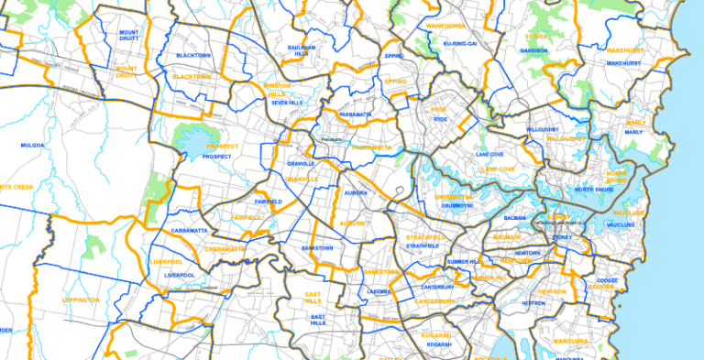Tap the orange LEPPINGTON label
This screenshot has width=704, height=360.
click(81, 300)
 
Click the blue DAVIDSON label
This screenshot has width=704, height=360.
click(533, 49)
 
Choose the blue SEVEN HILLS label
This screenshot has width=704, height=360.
click(287, 103)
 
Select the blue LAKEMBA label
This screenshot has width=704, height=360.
click(379, 291)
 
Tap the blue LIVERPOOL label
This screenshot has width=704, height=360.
click(180, 275)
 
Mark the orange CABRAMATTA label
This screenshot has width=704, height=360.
click(225, 249)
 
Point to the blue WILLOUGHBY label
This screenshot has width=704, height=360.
click(542, 130)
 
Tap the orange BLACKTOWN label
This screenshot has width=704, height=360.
click(191, 77)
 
